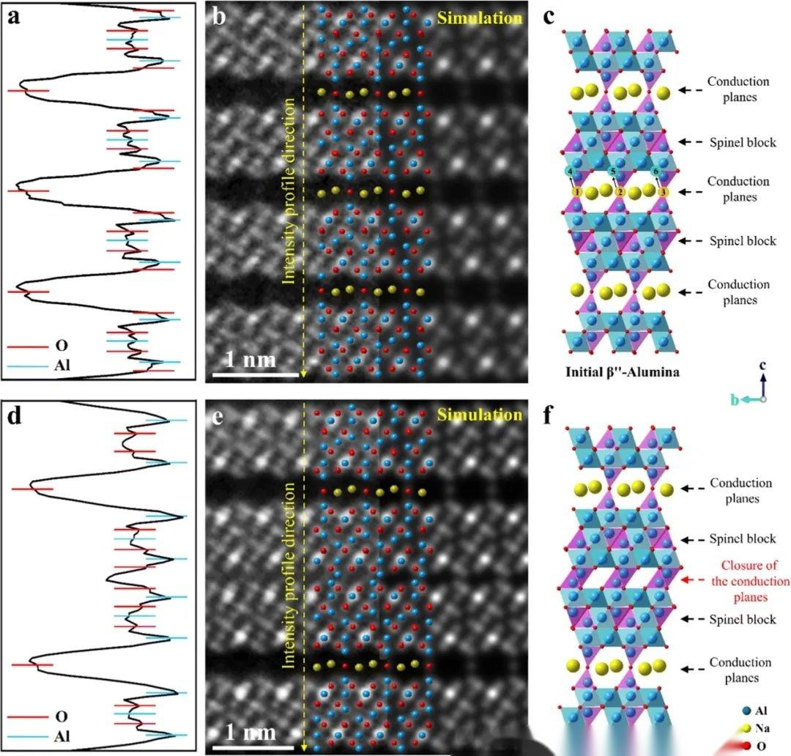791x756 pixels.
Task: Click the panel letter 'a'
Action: pyautogui.click(x=14, y=17)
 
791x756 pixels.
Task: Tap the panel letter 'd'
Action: pyautogui.click(x=15, y=417)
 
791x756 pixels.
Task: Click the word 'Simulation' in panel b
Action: pyautogui.click(x=479, y=18)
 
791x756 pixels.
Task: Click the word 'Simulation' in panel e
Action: pyautogui.click(x=479, y=415)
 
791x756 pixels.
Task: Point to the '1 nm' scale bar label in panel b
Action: pyautogui.click(x=250, y=360)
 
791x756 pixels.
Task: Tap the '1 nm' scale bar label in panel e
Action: pyautogui.click(x=250, y=732)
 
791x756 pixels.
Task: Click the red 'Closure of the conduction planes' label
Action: pyautogui.click(x=750, y=581)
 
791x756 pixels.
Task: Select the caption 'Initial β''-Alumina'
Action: pyautogui.click(x=623, y=372)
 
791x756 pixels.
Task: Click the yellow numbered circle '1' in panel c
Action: pyautogui.click(x=577, y=192)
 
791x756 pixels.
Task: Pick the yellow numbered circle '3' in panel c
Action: pyautogui.click(x=664, y=192)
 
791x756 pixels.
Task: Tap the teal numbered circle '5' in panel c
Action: pyautogui.click(x=612, y=171)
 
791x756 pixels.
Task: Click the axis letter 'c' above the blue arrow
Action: pyautogui.click(x=762, y=365)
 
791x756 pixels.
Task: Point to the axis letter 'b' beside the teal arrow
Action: pyautogui.click(x=735, y=400)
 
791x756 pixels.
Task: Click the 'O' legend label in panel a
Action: pyautogui.click(x=61, y=346)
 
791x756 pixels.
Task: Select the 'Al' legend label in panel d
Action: pyautogui.click(x=62, y=736)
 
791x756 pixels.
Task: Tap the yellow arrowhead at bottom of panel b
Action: pyautogui.click(x=303, y=374)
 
